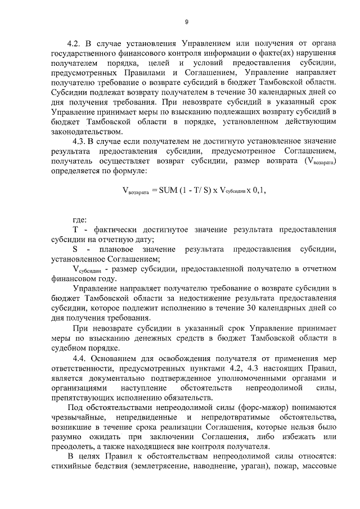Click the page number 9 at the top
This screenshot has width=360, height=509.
(186, 22)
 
